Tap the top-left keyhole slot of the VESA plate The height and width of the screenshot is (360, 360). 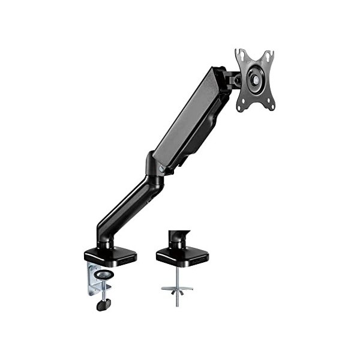click(x=240, y=55)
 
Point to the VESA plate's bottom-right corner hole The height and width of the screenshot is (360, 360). click(x=271, y=105)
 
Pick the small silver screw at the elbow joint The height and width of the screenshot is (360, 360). click(x=161, y=169)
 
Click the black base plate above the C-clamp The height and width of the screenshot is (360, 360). click(x=110, y=255)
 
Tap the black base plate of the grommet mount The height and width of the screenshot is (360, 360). click(x=182, y=256)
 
